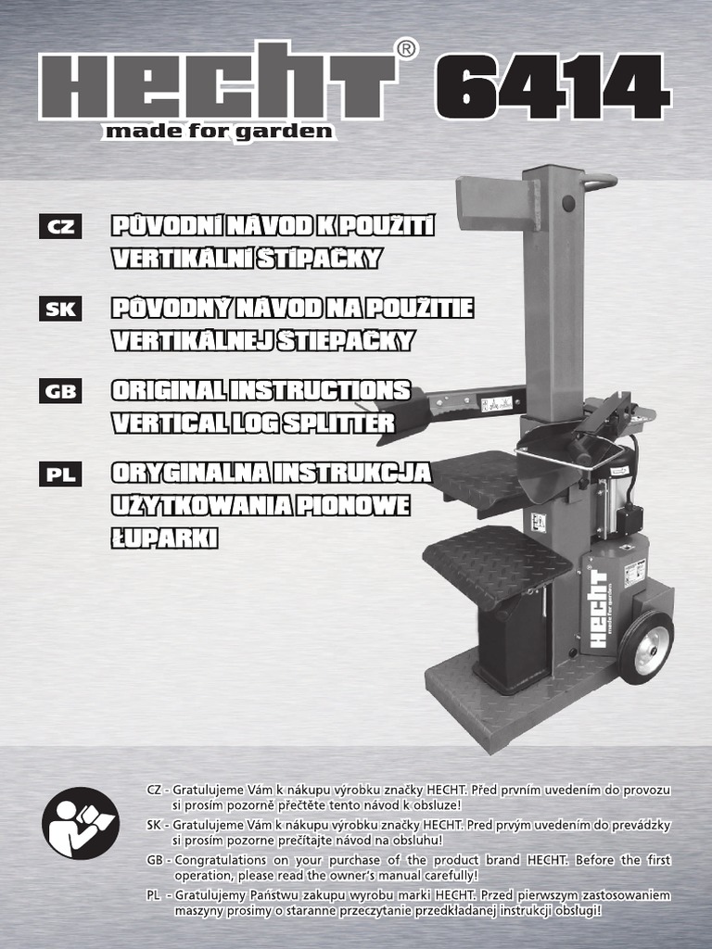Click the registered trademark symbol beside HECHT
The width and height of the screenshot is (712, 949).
tap(406, 50)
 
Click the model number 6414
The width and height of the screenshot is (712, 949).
tap(553, 86)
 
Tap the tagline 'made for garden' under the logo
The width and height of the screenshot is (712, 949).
tap(219, 132)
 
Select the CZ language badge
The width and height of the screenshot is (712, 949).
tap(60, 226)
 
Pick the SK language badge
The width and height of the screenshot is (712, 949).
tap(60, 309)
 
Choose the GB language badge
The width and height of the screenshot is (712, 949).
tap(60, 391)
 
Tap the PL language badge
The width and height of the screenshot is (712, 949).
tap(60, 474)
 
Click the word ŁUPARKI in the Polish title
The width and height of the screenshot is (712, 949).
tap(164, 538)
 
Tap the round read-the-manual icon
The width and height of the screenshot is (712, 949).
tap(81, 823)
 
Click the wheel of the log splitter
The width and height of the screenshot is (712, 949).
tap(646, 647)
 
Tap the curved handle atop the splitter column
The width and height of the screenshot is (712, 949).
tap(600, 183)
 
